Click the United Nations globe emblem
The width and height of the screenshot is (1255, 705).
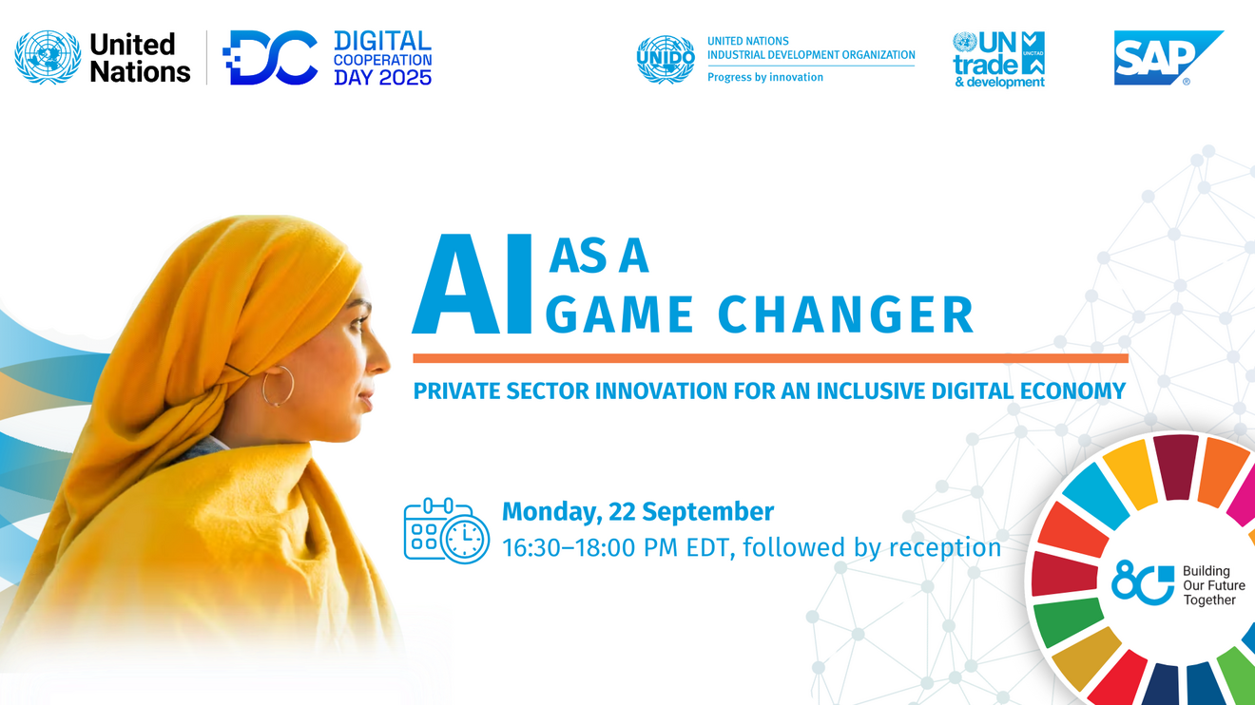[x=48, y=57]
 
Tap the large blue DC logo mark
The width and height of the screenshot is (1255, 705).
[x=270, y=57]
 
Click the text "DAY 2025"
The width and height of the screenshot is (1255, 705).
[x=382, y=78]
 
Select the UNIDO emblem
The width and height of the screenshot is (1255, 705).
[x=666, y=59]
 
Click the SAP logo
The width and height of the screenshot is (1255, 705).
[x=1168, y=58]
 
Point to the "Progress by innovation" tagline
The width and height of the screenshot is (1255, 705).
[x=765, y=77]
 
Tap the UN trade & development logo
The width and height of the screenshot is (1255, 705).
[x=999, y=59]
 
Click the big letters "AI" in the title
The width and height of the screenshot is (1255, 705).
[x=472, y=283]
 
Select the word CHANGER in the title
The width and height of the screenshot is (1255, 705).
[x=846, y=314]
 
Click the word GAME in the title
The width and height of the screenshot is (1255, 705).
[x=620, y=314]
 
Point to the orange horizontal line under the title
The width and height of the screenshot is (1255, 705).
[x=770, y=358]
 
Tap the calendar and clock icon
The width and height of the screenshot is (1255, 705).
[x=447, y=530]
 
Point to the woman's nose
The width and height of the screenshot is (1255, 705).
[x=381, y=358]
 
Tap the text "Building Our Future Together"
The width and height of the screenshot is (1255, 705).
[x=1213, y=585]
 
